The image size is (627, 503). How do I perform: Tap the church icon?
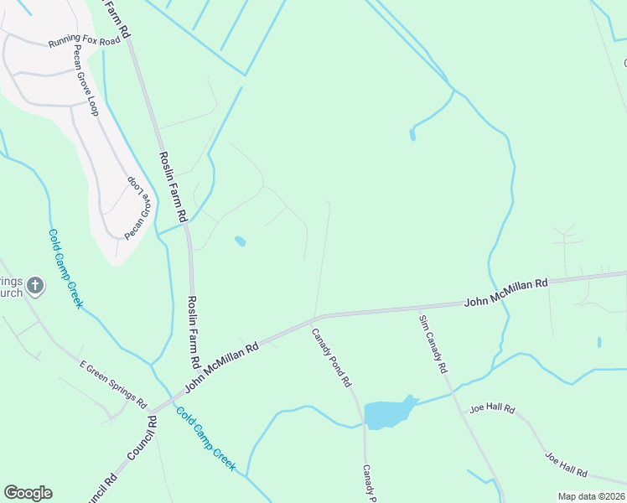pos(35,287)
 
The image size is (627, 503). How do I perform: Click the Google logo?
pos(28,493)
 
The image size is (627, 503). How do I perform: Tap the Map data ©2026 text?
pos(590,496)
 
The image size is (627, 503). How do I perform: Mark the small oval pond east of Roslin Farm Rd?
pos(241,241)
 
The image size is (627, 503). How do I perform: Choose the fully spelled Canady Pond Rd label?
pos(331,357)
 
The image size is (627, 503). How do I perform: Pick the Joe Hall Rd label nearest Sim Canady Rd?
pos(492,409)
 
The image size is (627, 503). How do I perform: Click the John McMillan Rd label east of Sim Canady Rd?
pos(505,293)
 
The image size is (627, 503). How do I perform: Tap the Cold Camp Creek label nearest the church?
pos(65,268)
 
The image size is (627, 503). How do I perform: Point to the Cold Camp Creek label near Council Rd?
pos(205,438)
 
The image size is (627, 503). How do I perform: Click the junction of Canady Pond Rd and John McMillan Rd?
pos(314,319)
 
